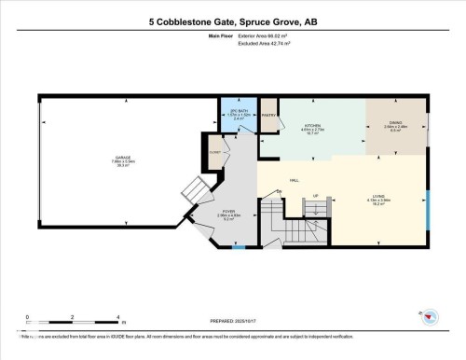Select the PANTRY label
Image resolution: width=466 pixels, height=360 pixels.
(x=268, y=116)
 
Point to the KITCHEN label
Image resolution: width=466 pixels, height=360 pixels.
(x=312, y=127)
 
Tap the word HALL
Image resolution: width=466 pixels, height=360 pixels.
(x=295, y=180)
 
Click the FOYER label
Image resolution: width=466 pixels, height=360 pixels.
(x=228, y=213)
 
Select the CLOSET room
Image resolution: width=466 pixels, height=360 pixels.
(x=215, y=151)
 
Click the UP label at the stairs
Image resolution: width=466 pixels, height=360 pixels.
(x=316, y=195)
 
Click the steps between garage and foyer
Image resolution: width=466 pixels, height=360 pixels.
(x=193, y=194)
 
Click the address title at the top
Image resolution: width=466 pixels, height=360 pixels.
(x=232, y=21)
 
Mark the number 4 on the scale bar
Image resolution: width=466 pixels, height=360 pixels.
(x=117, y=318)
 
